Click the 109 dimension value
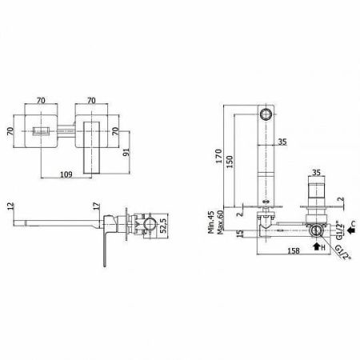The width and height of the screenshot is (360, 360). coord(66,174)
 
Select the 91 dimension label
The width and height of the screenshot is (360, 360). coord(126,152)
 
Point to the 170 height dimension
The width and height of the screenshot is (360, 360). coord(218,156)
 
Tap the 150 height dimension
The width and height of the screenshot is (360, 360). coord(230,162)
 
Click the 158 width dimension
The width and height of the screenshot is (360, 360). coord(294,250)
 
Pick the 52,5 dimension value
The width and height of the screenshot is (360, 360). coord(163,225)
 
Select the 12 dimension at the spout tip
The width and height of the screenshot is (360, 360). coord(10,206)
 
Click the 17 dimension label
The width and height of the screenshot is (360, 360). coord(97,206)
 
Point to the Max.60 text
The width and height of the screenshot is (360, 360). coord(220,222)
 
